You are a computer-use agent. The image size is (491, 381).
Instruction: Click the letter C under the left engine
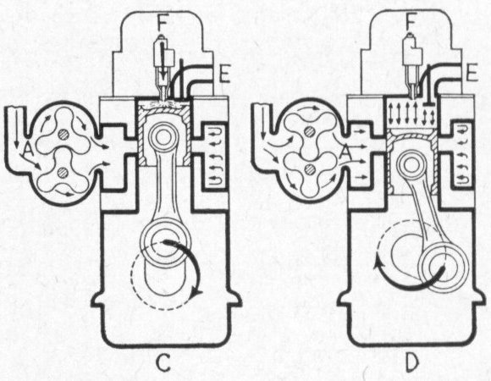click(163, 363)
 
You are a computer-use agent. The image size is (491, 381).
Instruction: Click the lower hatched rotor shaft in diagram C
click(63, 172)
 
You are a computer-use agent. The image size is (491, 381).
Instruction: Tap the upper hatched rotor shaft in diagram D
click(311, 132)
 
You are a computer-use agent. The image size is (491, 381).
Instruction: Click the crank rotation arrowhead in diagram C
click(197, 293)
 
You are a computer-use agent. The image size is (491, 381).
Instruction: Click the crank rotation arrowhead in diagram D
click(379, 262)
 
